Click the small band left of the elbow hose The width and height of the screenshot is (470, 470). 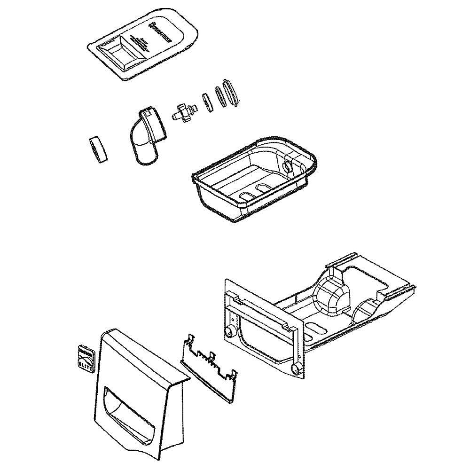[x=98, y=150]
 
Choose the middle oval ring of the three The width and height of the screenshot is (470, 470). [x=220, y=96]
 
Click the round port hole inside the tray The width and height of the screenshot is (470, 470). [x=288, y=167]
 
